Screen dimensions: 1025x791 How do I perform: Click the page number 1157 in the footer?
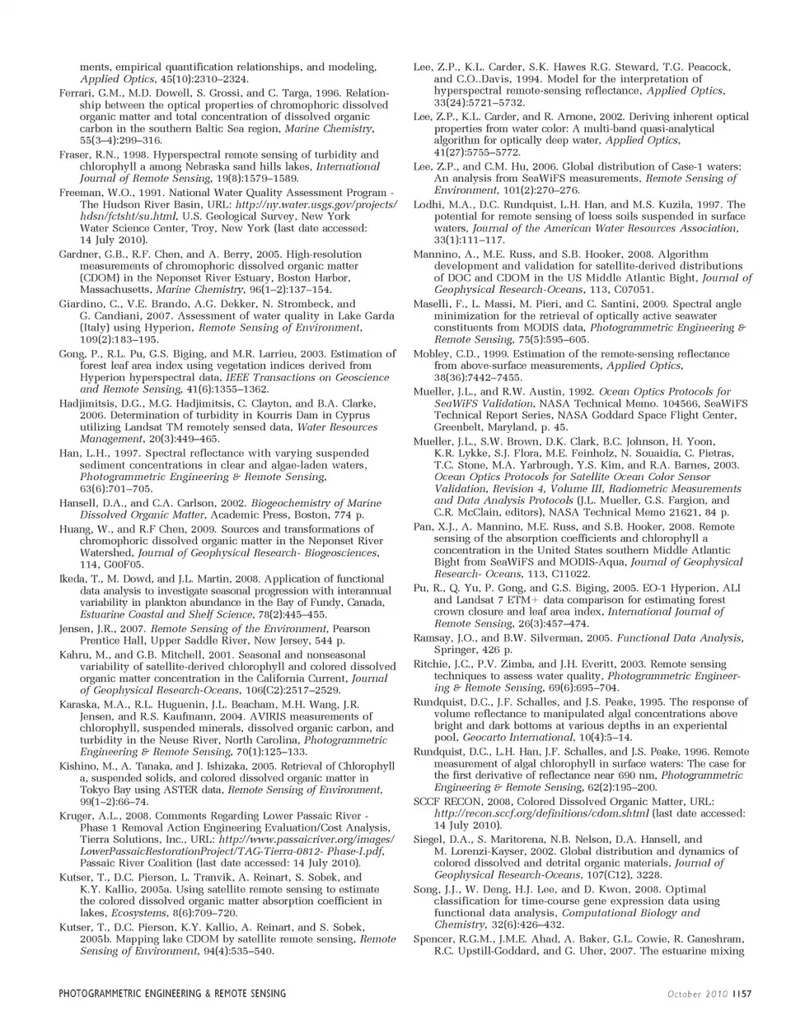coord(740,994)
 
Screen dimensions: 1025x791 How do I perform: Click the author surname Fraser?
coord(75,155)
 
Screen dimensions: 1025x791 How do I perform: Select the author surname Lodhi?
coord(430,204)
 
